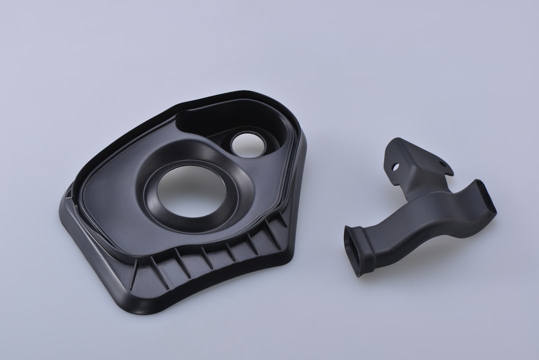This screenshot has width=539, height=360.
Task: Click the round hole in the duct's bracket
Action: (x=395, y=166)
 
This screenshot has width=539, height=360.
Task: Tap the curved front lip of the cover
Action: (x=200, y=290)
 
